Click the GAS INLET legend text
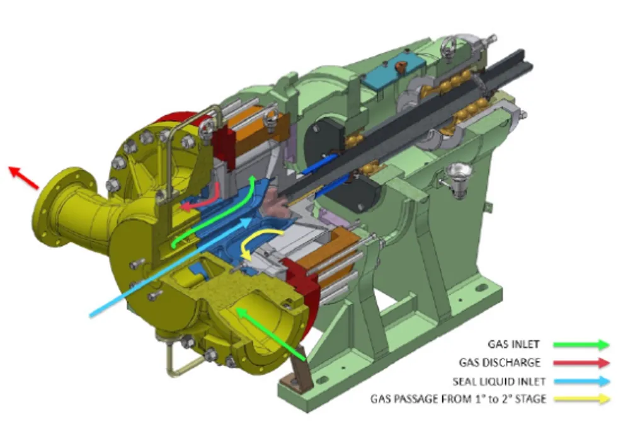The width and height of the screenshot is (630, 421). pyautogui.click(x=513, y=344)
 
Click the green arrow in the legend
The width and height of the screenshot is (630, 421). pyautogui.click(x=581, y=344)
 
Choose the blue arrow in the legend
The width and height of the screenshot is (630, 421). pyautogui.click(x=581, y=381)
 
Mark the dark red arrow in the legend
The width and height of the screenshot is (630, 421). pyautogui.click(x=581, y=362)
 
